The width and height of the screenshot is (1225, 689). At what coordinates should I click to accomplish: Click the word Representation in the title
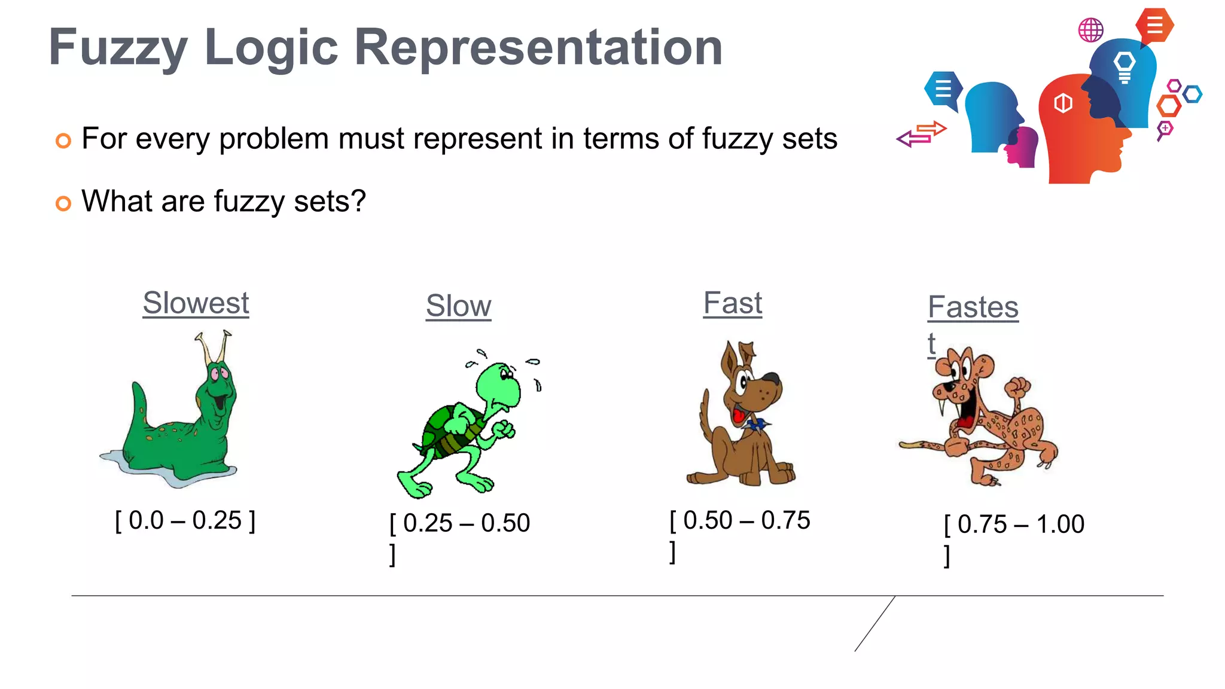point(538,48)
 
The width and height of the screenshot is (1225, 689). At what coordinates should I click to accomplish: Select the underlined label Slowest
point(196,303)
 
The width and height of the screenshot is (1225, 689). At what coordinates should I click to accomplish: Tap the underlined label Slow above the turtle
point(458,306)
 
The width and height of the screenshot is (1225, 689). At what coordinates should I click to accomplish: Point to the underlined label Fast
point(732,303)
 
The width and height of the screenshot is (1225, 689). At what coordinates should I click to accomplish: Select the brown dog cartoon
point(742,419)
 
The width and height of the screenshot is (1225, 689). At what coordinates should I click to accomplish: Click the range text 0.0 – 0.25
point(185,520)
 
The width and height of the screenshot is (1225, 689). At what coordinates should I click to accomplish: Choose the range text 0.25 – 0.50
point(466,523)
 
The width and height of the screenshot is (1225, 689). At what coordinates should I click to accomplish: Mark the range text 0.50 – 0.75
point(746,520)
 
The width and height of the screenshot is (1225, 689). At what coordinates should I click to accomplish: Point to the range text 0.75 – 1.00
point(1020,525)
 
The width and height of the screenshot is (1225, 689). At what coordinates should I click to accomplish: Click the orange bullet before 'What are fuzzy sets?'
point(63,203)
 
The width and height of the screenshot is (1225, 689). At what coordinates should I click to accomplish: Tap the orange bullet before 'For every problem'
point(63,141)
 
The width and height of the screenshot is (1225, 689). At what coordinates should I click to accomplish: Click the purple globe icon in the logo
point(1090,30)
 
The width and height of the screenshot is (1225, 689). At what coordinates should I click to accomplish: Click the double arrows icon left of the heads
point(922,134)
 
